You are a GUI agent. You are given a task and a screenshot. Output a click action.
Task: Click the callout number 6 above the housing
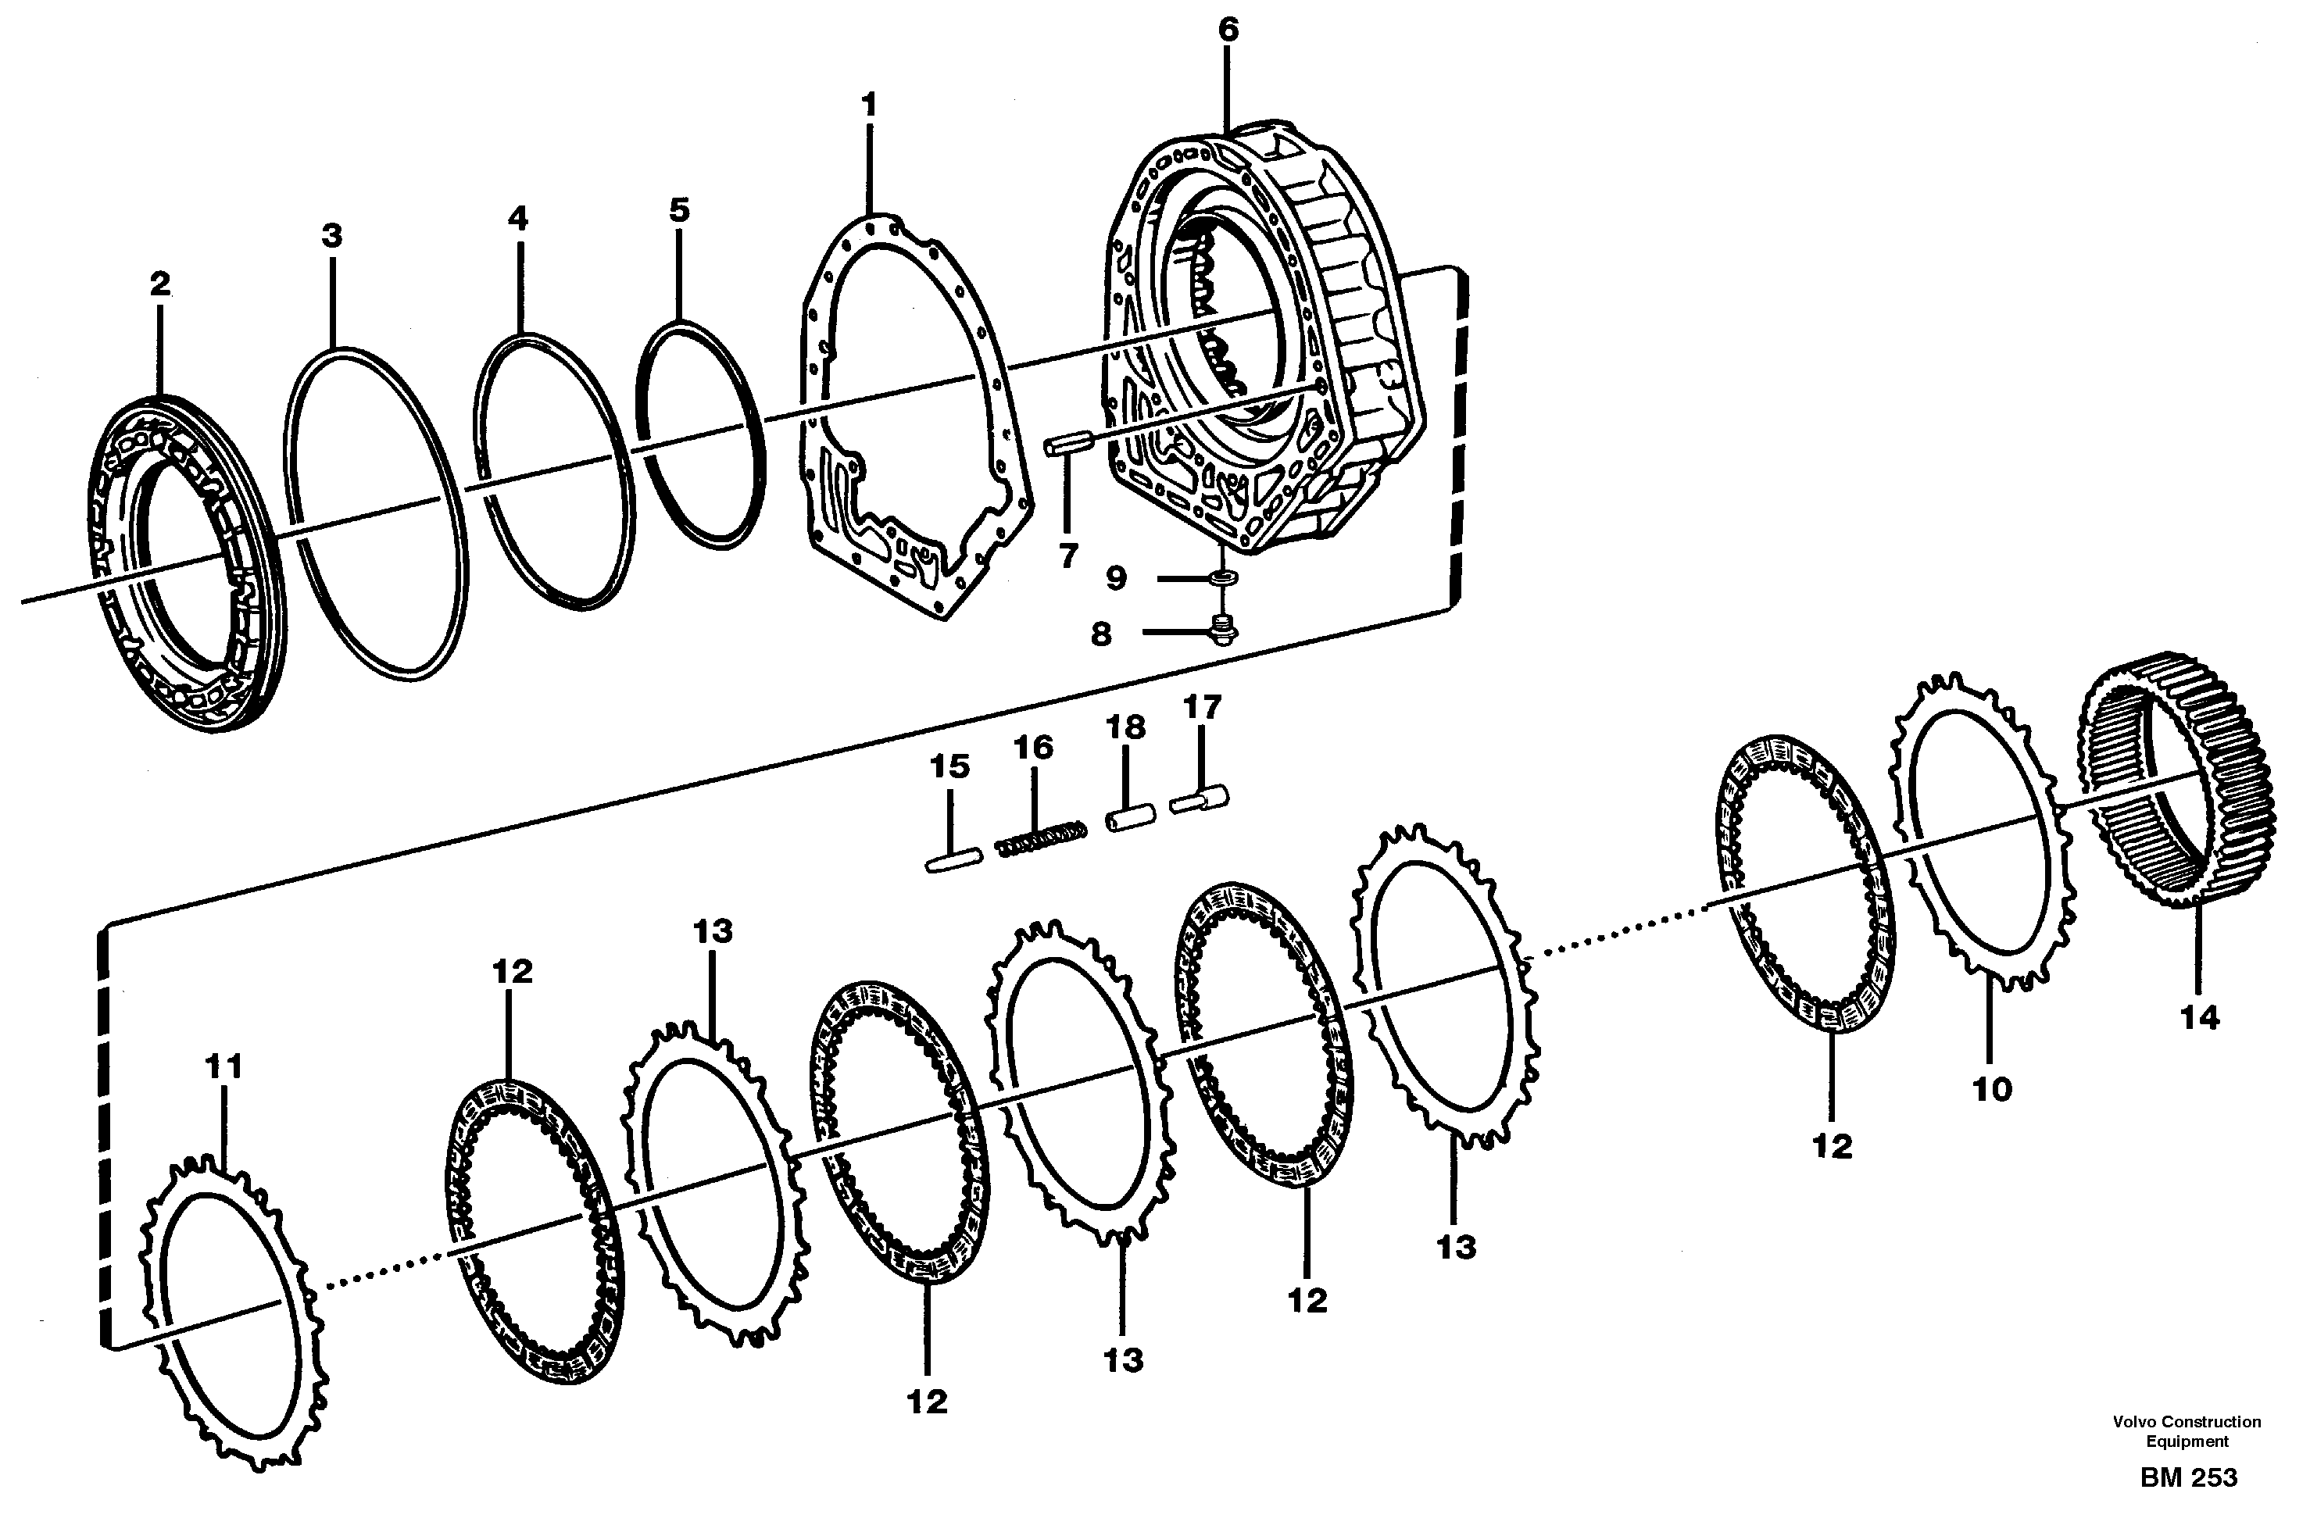1228,30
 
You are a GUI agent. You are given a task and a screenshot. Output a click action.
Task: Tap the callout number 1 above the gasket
869,105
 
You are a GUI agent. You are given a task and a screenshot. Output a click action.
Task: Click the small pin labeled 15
954,862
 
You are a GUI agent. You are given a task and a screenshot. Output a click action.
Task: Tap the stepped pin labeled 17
1200,800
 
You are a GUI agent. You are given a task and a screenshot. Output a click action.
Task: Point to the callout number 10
1993,1090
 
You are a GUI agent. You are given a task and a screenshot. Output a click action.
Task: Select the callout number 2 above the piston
160,284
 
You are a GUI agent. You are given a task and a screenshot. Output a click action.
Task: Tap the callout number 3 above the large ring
332,236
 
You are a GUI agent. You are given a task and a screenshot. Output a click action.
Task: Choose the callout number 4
518,220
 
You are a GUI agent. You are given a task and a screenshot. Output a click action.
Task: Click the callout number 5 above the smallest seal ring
678,209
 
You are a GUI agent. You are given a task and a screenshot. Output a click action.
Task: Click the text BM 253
2189,1477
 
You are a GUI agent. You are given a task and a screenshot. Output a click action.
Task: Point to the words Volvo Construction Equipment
2187,1430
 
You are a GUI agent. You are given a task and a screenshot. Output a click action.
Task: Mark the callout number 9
1116,578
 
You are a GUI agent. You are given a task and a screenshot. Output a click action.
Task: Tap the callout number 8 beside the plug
1100,634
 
